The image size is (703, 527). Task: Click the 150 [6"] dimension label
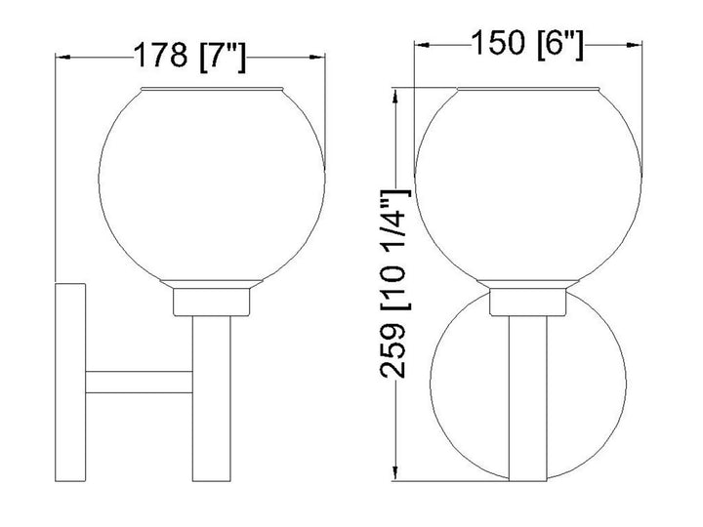[527, 45]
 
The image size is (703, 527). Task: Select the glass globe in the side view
[215, 185]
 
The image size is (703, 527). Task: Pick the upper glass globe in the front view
[528, 185]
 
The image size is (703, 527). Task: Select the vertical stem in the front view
[528, 410]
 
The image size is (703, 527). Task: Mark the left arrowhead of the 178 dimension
[61, 57]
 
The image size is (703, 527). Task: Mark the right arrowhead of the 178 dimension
[321, 57]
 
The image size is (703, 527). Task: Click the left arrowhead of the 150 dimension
[419, 45]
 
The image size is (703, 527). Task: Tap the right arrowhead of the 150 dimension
[638, 45]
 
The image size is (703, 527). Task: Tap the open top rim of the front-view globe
[528, 90]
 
